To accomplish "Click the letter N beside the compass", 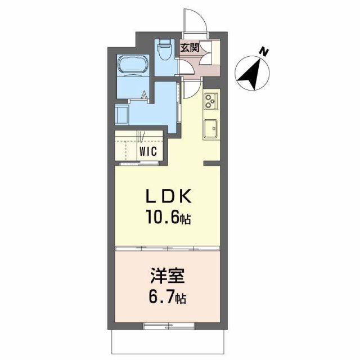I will coord(264,52).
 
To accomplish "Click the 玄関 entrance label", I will coord(190,48).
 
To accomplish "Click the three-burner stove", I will coord(211,101).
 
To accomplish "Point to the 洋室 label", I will coord(166,277).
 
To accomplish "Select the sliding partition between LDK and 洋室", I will coord(167,248).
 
